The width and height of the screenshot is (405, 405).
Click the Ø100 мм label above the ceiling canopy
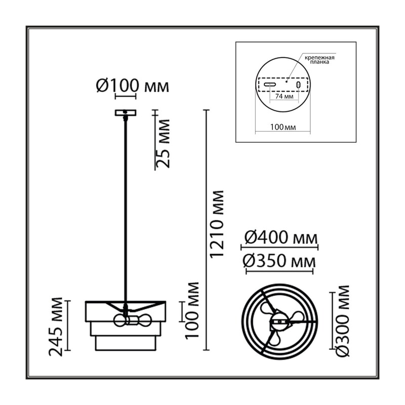[133, 86]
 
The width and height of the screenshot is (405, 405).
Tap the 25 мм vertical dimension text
[164, 144]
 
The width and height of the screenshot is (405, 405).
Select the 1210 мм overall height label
[217, 224]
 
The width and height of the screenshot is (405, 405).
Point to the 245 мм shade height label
[56, 327]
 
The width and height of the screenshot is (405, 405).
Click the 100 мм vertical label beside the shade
[192, 310]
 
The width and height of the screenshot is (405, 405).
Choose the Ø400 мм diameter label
[281, 237]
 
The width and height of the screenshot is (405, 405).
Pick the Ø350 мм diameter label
[279, 261]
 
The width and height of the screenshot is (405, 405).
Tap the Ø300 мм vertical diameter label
[343, 321]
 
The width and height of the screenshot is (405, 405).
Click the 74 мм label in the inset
[284, 97]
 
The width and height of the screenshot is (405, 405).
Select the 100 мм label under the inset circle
[283, 127]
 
